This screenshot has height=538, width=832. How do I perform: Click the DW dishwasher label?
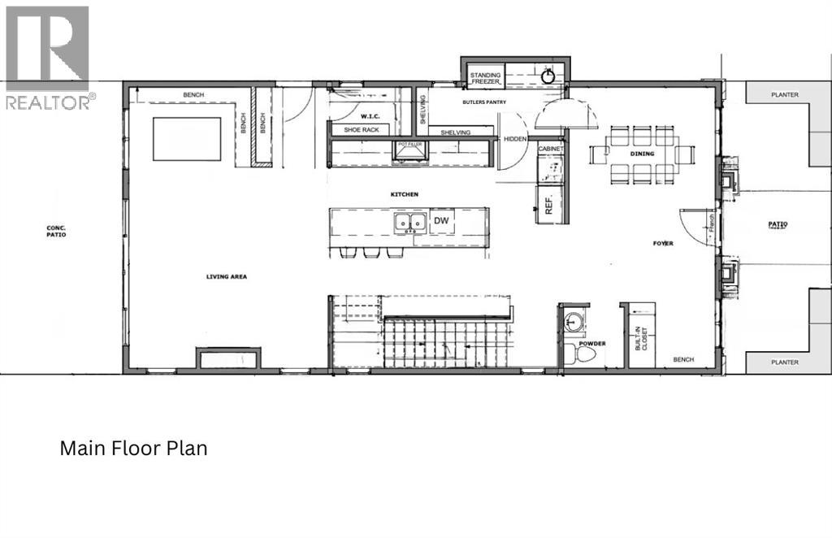[x=441, y=221]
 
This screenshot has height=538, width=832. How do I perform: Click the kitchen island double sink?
[x=410, y=222]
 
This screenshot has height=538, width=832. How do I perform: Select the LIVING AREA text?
[x=226, y=276]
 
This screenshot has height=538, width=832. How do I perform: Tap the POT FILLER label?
[x=410, y=144]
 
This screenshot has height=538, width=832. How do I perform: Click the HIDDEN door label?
[x=515, y=139]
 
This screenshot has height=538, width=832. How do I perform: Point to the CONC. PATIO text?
[x=56, y=231]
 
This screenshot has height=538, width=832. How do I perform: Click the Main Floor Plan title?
[x=134, y=448]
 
